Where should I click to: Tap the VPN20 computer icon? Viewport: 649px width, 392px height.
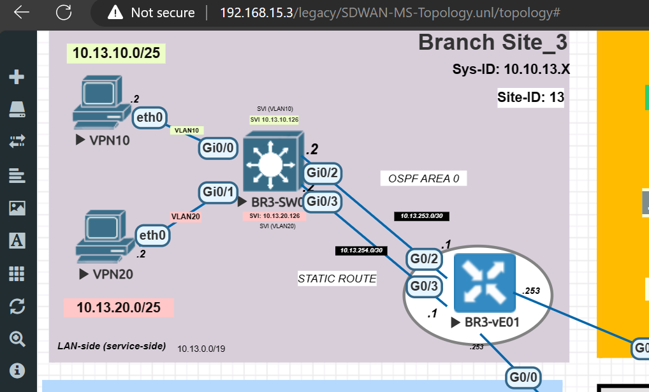(100, 239)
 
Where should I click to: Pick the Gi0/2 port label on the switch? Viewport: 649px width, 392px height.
(323, 173)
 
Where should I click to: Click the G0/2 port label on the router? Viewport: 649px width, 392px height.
(424, 259)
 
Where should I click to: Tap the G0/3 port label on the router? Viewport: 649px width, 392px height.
(424, 286)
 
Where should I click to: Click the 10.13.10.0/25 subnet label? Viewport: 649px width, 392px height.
(116, 53)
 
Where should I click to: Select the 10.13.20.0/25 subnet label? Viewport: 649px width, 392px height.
(119, 307)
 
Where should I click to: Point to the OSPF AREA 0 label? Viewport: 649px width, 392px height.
(423, 178)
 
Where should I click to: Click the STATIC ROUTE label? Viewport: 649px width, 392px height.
(337, 279)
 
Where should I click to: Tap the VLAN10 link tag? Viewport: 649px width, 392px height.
(187, 131)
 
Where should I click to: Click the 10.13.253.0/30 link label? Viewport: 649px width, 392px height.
(422, 216)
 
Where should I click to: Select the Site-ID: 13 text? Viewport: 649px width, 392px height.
(530, 98)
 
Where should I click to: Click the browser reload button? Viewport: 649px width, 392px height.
(64, 12)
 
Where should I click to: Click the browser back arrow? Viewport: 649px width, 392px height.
(22, 12)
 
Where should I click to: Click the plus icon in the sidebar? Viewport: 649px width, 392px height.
(17, 77)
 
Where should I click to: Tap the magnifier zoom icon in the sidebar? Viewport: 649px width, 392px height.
(17, 338)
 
